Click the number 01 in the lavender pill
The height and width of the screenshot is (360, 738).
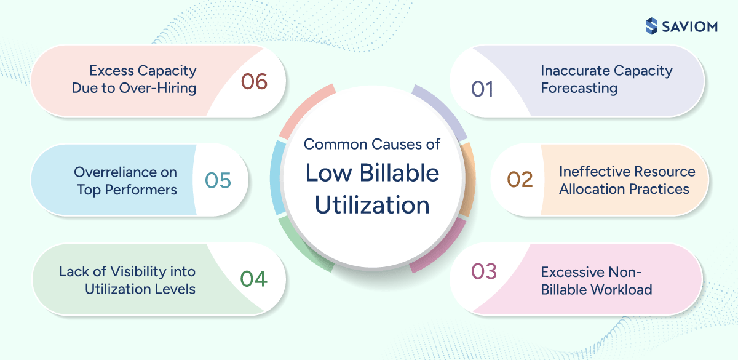pos(483,89)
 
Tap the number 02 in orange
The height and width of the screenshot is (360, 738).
pos(520,180)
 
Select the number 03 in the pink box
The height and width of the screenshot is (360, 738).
pos(483,271)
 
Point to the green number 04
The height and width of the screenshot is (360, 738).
pos(253,279)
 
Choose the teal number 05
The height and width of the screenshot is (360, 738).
pos(218,180)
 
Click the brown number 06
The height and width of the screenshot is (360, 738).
pos(254,81)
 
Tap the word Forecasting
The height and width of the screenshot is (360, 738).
pos(579,88)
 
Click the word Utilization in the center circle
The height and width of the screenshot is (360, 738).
pos(372,205)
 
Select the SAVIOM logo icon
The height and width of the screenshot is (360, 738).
pos(652,26)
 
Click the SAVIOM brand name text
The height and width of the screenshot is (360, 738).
pos(694,26)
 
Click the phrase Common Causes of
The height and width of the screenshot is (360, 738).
pos(372,145)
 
